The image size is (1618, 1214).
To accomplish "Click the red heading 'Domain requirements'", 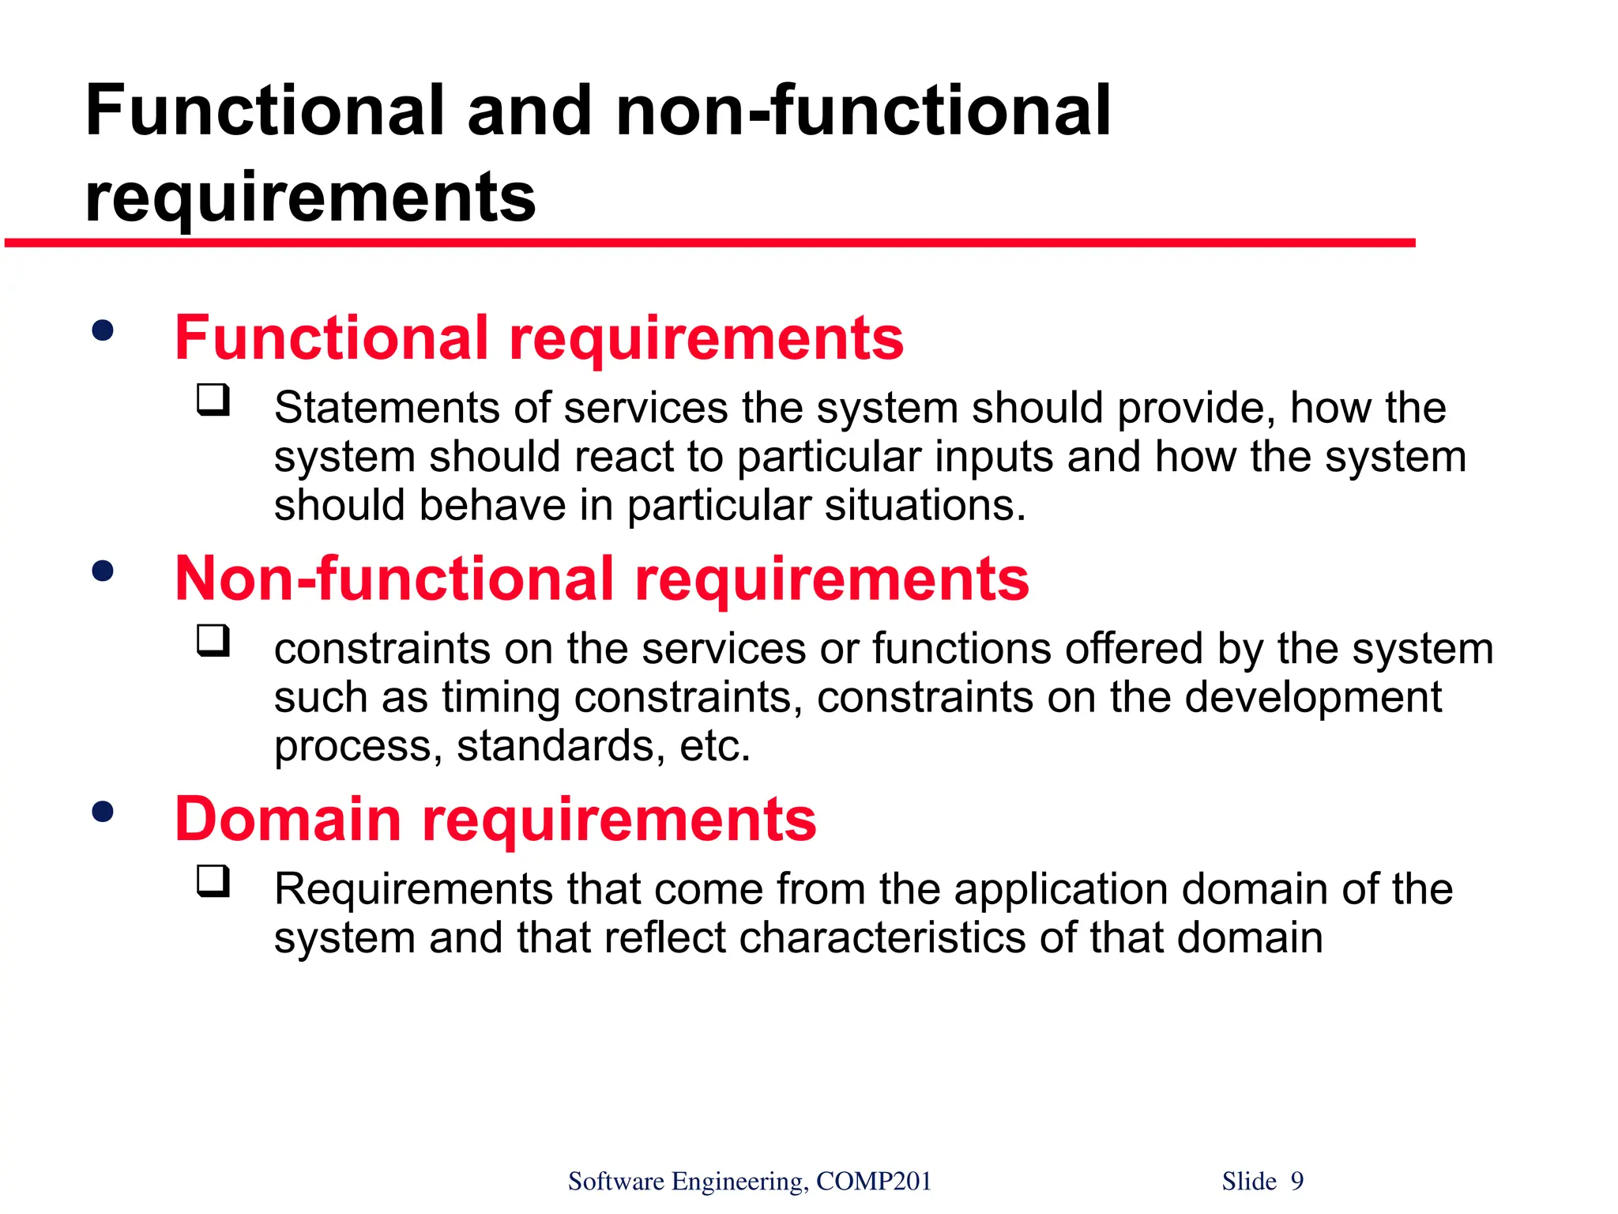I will coord(495,819).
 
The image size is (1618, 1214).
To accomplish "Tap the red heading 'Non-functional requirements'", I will coord(601,579).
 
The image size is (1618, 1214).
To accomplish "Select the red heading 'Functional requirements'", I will coord(539,338).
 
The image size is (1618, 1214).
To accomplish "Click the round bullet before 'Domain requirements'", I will coord(103,811).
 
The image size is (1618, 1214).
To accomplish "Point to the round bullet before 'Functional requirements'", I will coord(103,330).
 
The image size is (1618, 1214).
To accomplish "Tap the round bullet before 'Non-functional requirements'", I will coord(103,571).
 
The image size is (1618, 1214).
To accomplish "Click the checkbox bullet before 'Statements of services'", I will coord(213,400).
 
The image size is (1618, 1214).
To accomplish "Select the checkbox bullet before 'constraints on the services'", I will coord(213,641).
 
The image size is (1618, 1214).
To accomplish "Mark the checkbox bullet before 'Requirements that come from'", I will coord(213,881).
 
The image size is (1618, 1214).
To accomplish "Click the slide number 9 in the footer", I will coord(1297,1181).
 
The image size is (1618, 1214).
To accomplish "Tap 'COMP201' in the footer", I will coord(874,1181).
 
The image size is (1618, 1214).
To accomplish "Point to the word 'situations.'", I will coord(925,506).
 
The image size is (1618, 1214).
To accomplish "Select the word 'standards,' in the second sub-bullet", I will coord(561,746).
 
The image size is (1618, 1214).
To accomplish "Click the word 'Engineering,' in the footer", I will coord(740,1182).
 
